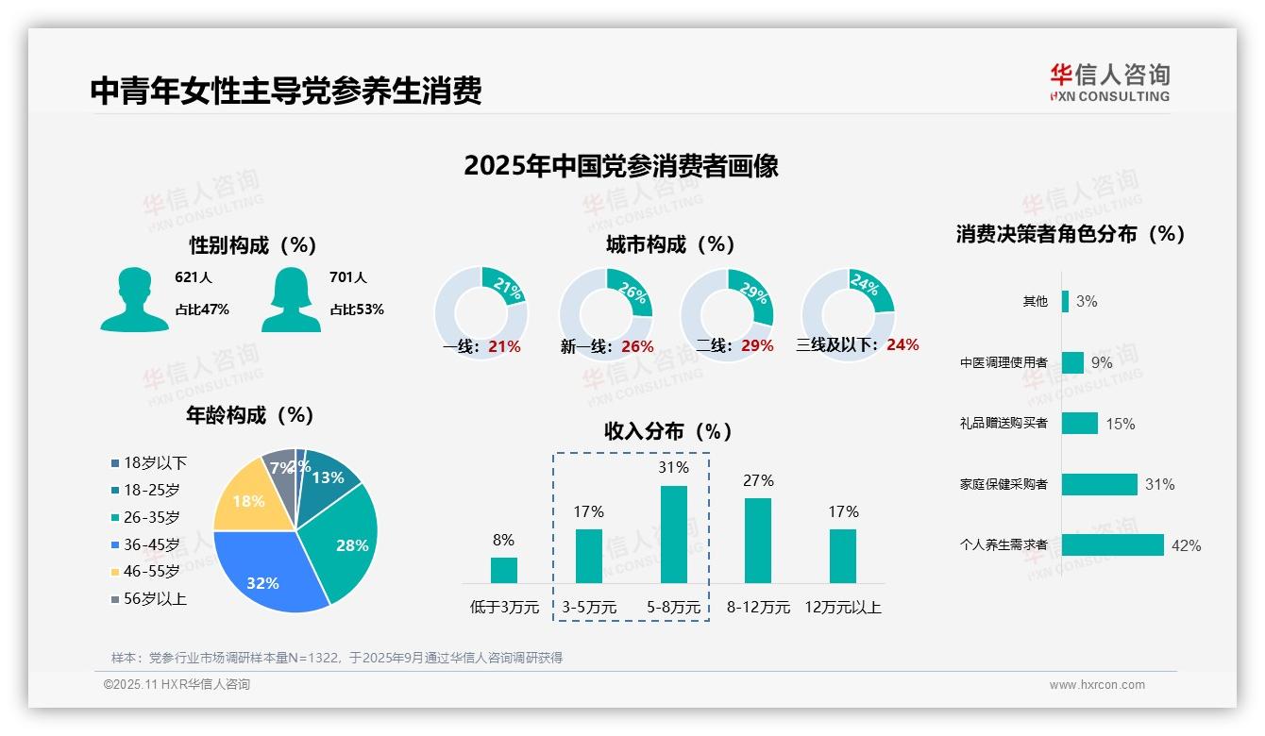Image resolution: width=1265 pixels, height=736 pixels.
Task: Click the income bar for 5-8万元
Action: pos(673,534)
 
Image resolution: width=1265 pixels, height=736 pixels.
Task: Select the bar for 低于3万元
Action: pos(503,570)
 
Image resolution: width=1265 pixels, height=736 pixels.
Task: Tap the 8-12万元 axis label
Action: pos(758,607)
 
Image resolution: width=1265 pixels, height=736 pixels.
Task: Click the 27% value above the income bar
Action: pos(758,480)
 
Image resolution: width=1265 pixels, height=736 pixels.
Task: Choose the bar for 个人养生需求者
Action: pos(1112,545)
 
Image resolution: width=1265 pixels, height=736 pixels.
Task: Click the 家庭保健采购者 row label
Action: pos(1004,484)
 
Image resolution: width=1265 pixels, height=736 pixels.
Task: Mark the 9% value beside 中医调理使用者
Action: pos(1102,362)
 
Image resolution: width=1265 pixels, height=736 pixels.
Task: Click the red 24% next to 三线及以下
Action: pos(902,345)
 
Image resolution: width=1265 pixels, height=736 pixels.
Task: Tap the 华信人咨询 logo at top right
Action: pos(1109,82)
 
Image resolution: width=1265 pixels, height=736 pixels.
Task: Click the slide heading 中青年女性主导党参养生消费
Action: pos(286,91)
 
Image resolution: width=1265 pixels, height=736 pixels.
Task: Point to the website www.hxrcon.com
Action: pos(1097,685)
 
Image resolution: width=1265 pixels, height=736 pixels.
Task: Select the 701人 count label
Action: pos(348,277)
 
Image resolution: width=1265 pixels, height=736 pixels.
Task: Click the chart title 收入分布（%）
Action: pos(668,431)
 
